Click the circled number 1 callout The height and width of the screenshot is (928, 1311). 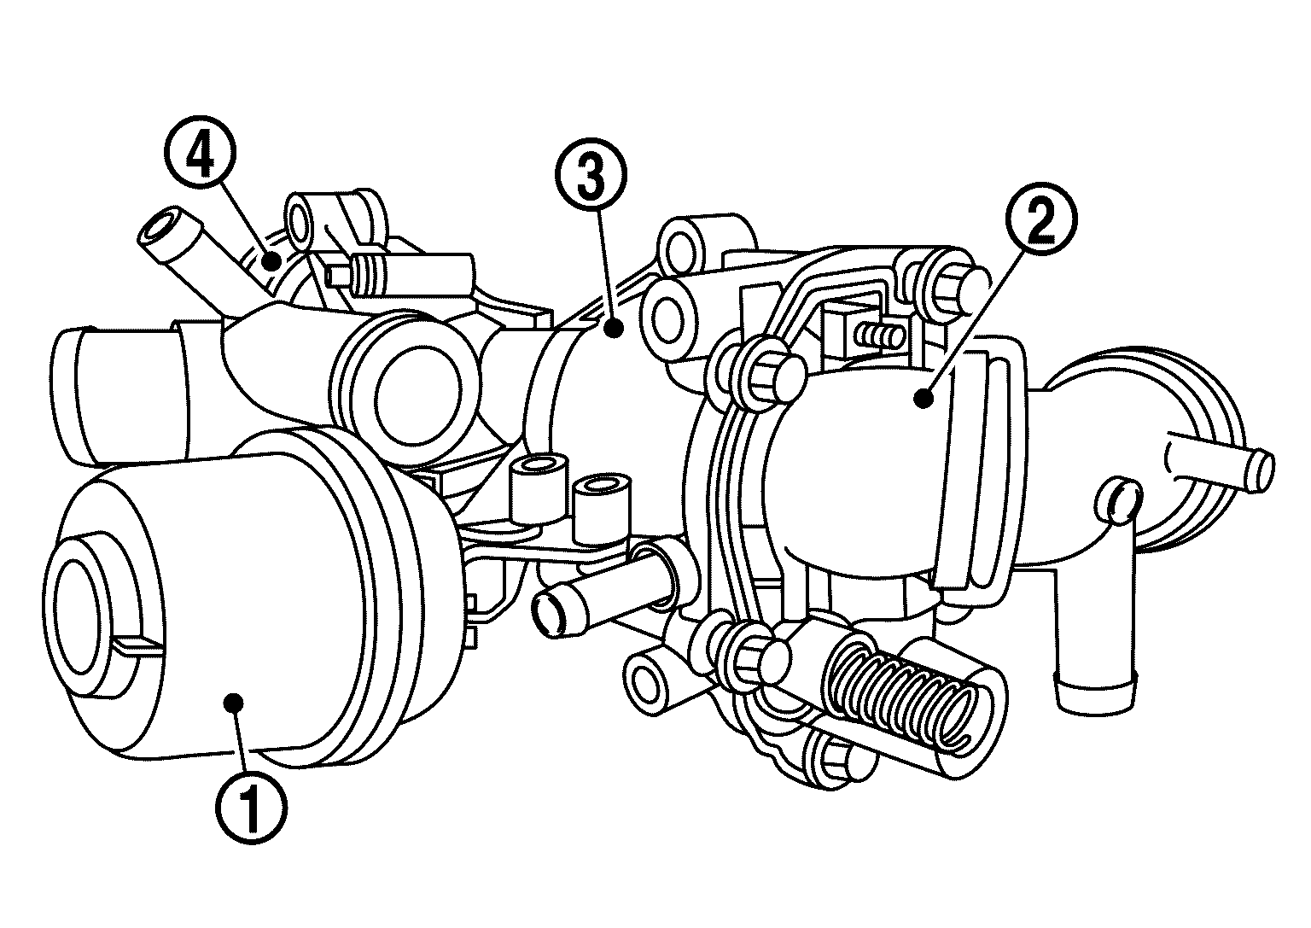[x=251, y=806]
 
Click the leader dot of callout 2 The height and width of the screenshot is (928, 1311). [x=922, y=397]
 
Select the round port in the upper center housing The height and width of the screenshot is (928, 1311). [x=414, y=376]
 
